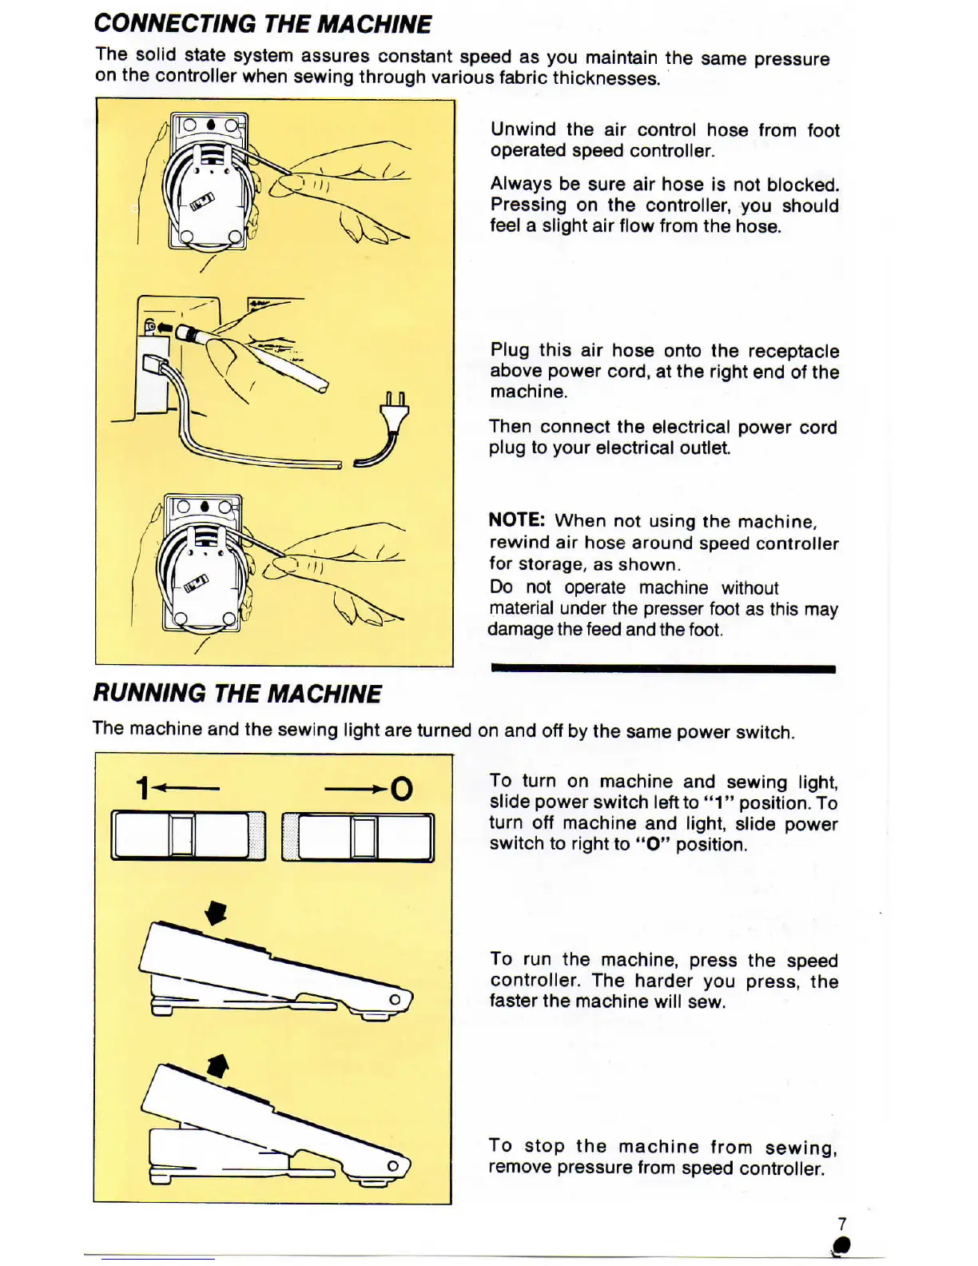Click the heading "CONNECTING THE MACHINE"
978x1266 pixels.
click(263, 24)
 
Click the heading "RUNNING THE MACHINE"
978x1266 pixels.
click(237, 693)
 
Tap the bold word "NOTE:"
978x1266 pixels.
click(516, 520)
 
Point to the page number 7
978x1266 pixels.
click(841, 1224)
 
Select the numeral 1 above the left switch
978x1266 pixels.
click(142, 789)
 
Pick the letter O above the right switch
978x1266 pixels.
click(402, 790)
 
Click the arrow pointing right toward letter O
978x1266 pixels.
click(356, 790)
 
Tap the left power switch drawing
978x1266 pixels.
click(188, 836)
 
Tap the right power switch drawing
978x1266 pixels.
click(358, 838)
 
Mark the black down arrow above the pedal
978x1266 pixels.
click(216, 913)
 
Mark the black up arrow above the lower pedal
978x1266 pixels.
click(217, 1065)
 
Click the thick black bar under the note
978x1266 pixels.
click(663, 669)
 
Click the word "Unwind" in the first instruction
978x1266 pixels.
click(523, 129)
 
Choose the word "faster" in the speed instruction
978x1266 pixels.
click(515, 1001)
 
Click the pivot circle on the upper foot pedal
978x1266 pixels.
click(394, 1000)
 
